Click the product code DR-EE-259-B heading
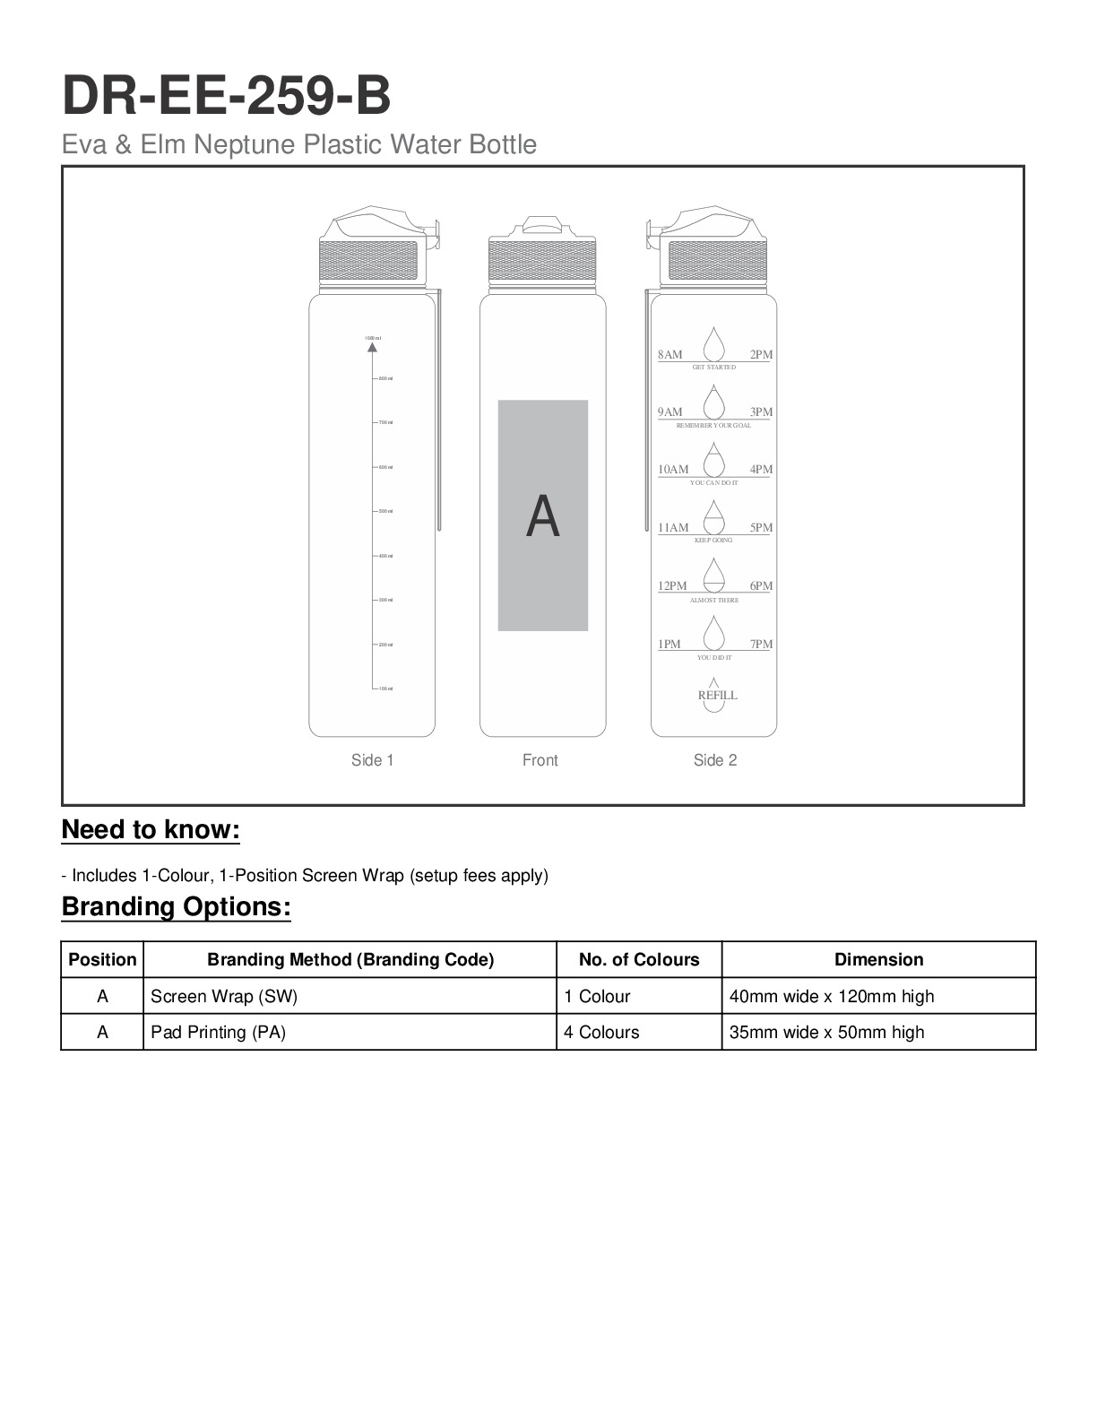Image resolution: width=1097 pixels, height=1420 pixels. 226,97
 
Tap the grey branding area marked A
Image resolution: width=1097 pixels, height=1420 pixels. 543,515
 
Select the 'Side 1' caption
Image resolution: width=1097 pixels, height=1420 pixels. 372,760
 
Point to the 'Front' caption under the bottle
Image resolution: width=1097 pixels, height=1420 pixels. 540,760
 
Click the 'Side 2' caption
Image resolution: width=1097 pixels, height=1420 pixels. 715,760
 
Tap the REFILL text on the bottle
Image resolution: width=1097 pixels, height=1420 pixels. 717,695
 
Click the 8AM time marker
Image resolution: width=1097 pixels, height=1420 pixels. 669,355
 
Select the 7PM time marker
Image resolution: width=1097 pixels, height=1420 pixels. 761,645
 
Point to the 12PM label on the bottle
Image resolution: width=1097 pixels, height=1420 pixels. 672,586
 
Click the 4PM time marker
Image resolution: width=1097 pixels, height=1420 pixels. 761,470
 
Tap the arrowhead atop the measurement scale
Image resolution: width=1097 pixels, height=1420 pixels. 373,346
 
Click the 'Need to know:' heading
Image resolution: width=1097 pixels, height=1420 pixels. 151,830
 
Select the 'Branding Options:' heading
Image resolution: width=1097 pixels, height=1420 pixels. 177,907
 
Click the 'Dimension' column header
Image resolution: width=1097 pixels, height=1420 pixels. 878,959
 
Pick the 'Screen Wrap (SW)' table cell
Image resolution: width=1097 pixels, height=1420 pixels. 224,996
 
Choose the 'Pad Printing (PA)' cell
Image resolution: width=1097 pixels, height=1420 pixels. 218,1032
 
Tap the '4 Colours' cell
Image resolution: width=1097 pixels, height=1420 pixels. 601,1032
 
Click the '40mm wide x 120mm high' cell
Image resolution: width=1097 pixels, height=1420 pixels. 832,996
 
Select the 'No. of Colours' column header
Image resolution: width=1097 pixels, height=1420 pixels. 639,959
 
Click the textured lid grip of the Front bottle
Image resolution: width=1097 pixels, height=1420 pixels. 543,261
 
